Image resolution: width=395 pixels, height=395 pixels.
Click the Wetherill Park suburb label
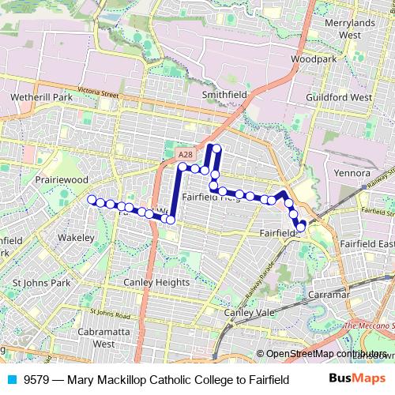[x=41, y=97]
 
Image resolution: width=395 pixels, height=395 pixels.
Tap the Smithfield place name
[x=224, y=94]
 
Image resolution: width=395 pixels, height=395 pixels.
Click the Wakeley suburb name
[x=77, y=237]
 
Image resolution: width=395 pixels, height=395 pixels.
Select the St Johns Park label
[x=47, y=282]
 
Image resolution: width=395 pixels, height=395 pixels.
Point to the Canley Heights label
[x=156, y=282]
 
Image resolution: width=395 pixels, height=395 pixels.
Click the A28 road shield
[x=185, y=154]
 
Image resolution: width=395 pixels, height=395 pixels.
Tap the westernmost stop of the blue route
[x=92, y=200]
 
